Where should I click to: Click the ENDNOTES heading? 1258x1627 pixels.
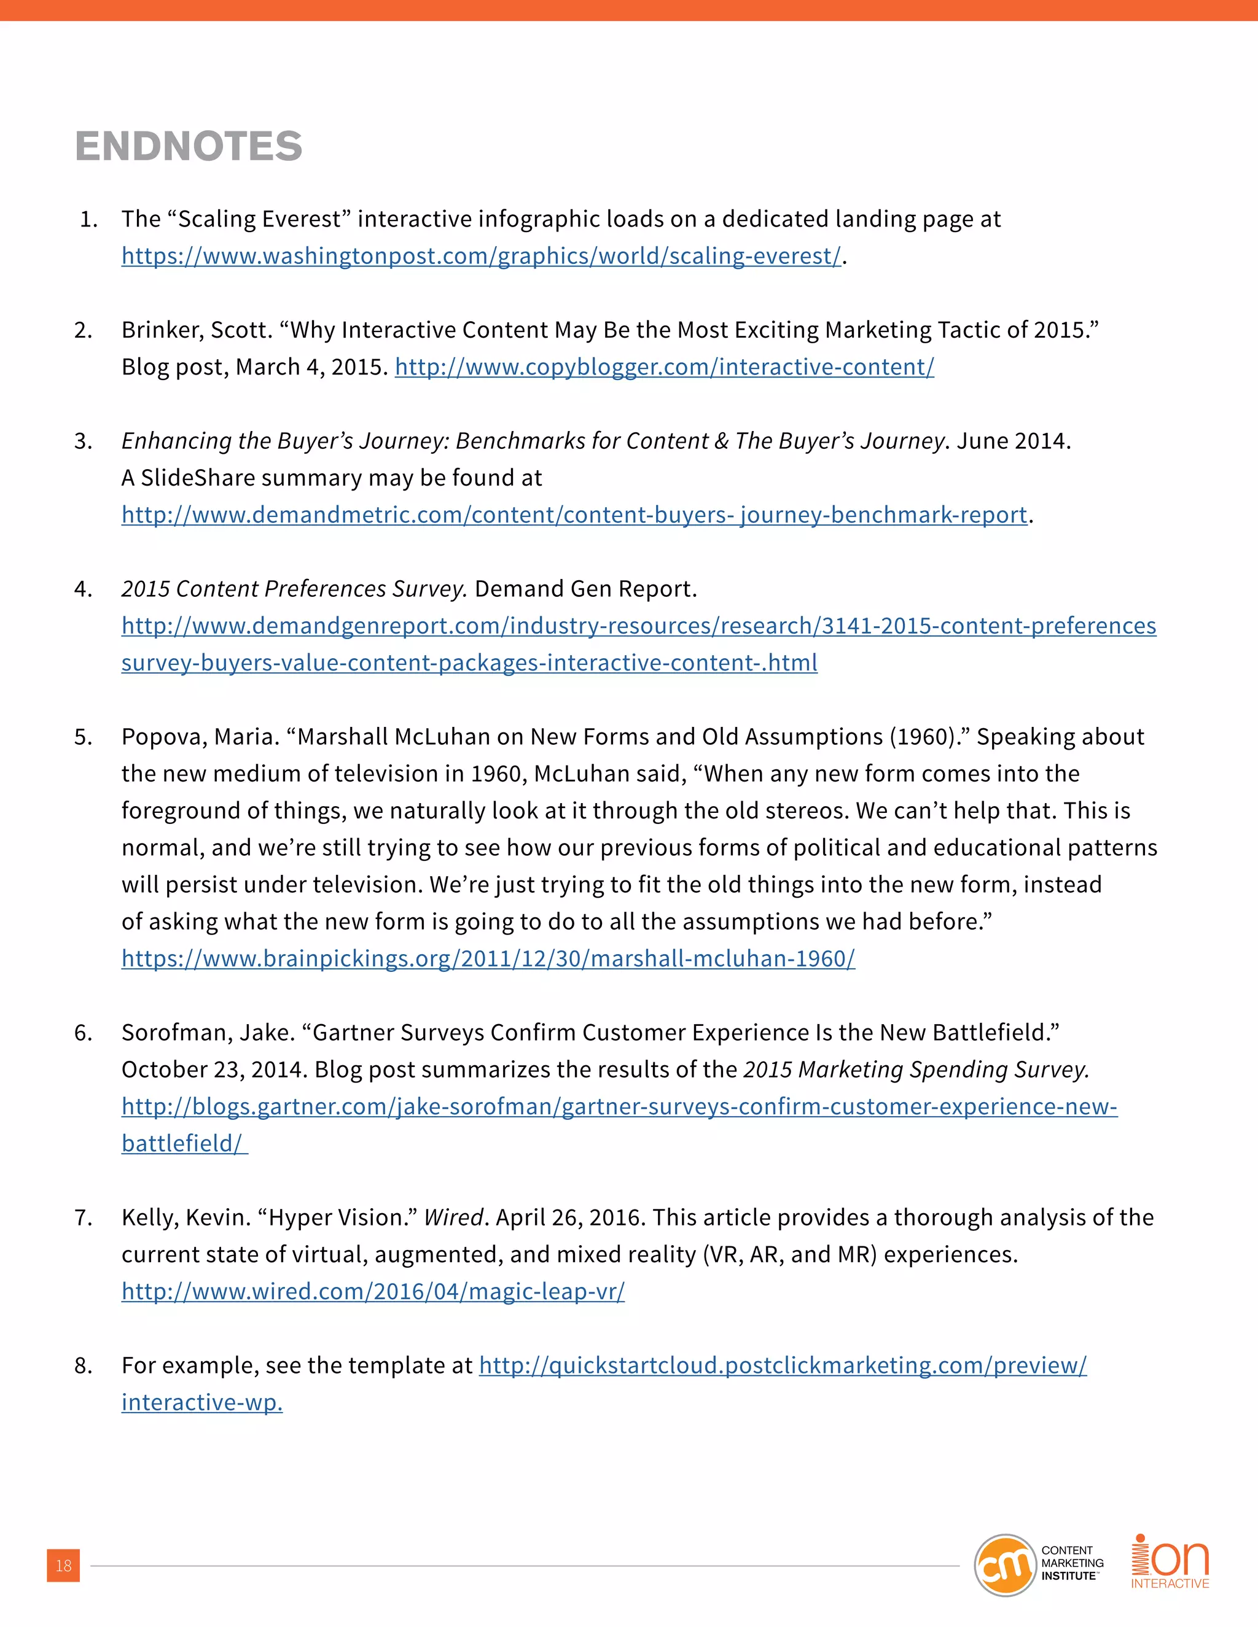click(x=189, y=146)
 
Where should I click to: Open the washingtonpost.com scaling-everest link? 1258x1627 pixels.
click(x=481, y=256)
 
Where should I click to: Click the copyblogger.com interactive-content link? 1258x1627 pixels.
click(x=663, y=367)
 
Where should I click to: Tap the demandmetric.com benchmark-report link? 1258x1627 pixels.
click(x=574, y=515)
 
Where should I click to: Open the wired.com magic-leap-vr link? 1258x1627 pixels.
click(x=373, y=1292)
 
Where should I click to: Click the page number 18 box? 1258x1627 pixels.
click(x=63, y=1565)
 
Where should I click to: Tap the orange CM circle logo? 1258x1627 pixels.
click(x=1004, y=1565)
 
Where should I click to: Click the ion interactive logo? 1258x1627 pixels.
click(x=1170, y=1561)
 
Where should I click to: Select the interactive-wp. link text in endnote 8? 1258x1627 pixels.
click(x=202, y=1403)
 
